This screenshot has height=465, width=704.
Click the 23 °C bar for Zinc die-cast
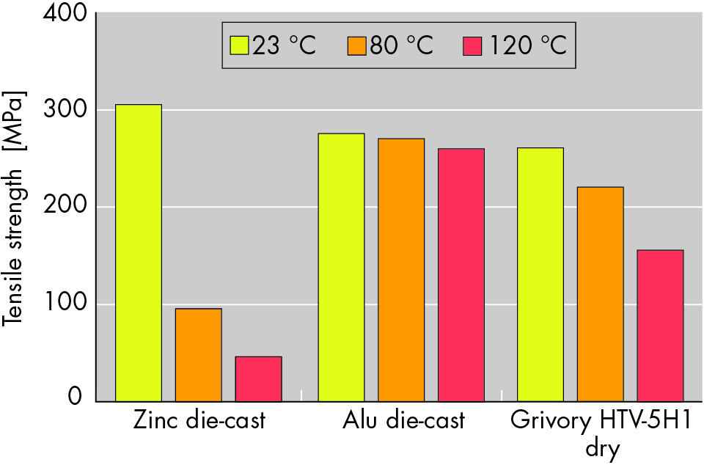point(139,253)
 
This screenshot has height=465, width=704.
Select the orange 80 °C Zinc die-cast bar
point(198,355)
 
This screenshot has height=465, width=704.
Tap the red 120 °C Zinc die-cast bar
point(258,378)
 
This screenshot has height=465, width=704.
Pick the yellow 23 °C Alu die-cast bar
point(341,267)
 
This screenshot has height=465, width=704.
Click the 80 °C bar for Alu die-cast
point(401,270)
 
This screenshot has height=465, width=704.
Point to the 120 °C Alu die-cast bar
point(461,275)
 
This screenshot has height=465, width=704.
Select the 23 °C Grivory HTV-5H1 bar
point(540,274)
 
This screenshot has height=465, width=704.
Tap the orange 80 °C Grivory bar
point(600,294)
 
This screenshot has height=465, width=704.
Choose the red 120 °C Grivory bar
point(660,326)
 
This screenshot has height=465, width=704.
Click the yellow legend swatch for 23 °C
point(240,45)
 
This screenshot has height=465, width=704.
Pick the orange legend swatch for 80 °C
point(356,45)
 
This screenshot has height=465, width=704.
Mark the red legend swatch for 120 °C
point(473,45)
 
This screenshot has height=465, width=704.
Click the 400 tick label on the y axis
point(65,15)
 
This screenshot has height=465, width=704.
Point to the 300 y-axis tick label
point(65,111)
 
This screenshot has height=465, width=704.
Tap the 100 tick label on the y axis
point(65,304)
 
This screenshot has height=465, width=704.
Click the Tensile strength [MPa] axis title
point(15,208)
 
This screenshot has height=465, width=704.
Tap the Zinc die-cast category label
point(199,422)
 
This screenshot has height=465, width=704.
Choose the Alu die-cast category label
point(403,422)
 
